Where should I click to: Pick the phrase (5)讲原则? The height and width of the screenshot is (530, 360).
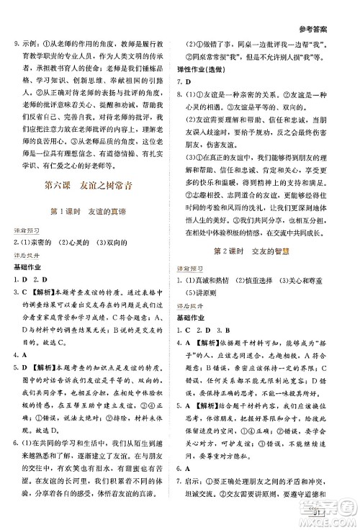click(212, 313)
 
